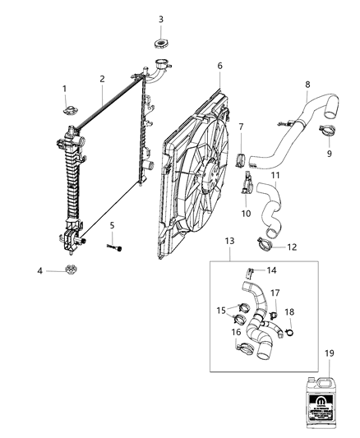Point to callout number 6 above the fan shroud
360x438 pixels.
point(219,66)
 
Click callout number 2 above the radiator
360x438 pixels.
point(102,79)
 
